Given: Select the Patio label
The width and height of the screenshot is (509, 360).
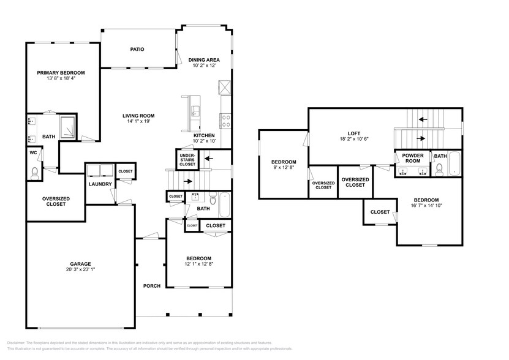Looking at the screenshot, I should click(137, 49).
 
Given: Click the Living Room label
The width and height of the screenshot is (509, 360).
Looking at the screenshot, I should click(138, 115).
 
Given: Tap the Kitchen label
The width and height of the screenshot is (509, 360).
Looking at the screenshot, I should click(204, 135).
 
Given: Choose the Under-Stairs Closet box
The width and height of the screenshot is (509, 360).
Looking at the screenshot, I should click(187, 160).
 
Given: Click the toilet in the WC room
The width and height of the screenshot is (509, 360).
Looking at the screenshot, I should click(34, 173).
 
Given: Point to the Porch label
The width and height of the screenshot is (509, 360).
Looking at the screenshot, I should click(151, 286).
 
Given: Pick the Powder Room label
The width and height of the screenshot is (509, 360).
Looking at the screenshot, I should click(413, 158).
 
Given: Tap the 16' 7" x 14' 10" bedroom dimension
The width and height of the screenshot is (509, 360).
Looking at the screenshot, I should click(426, 206).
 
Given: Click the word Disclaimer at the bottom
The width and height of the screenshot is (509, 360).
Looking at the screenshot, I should click(19, 343).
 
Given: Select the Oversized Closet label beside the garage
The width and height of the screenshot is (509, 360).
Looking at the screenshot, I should click(55, 201).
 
